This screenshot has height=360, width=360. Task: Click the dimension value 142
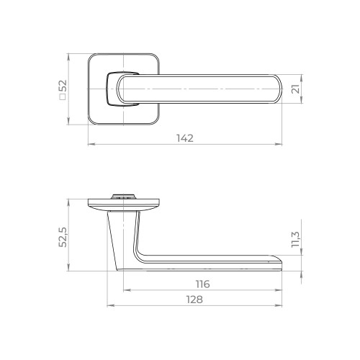185,138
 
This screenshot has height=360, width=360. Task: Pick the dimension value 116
202,284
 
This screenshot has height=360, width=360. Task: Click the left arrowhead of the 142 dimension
90,145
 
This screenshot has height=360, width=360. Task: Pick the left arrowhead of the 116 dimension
125,291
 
